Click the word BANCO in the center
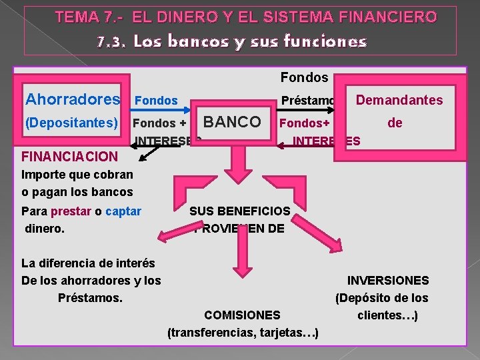tap(232, 122)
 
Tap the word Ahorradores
tap(73, 99)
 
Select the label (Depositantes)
tap(71, 123)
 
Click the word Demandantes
tap(399, 100)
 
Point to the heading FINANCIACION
tap(70, 157)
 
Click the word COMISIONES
tap(242, 315)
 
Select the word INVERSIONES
tap(388, 281)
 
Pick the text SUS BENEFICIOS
tap(239, 211)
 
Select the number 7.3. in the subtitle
tap(111, 42)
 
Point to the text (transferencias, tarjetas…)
tap(243, 332)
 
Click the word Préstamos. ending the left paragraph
tap(91, 297)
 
